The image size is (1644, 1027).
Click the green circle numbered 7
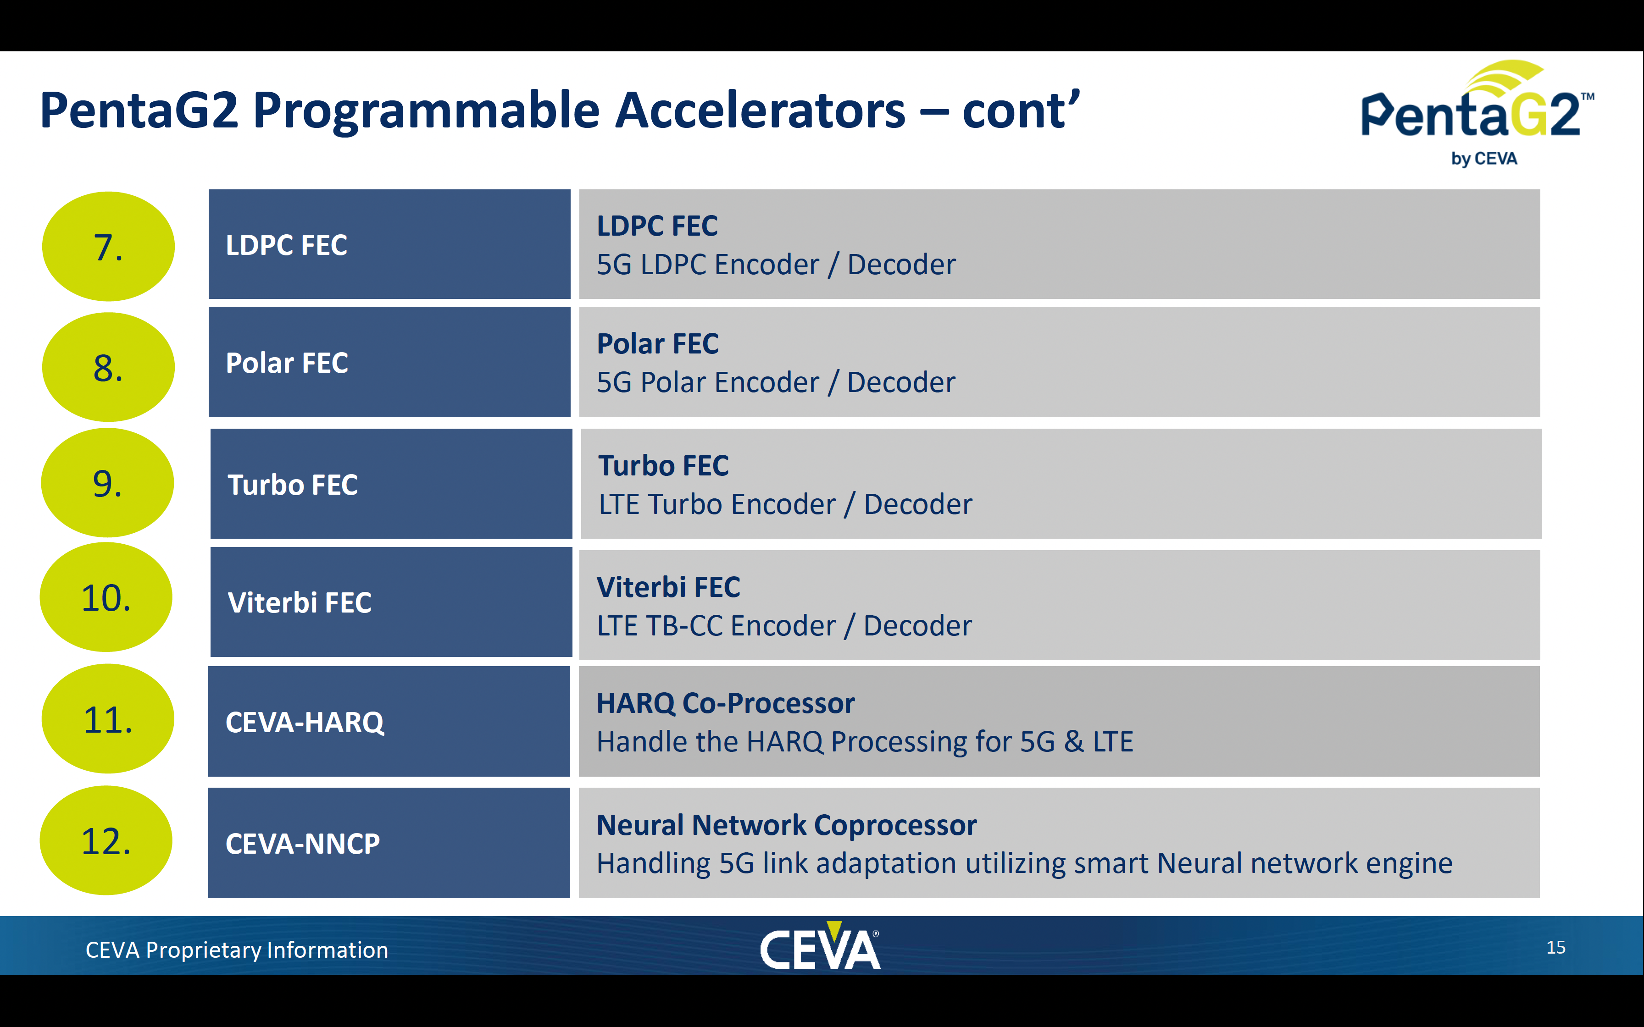coord(108,246)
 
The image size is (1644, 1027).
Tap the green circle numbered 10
coord(106,597)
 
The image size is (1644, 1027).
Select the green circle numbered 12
coord(106,840)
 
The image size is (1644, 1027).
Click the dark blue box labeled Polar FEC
coord(389,362)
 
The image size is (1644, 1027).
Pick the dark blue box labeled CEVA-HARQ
coord(389,721)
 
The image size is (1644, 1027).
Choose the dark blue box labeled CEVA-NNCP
coord(389,843)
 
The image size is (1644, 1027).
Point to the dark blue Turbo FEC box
coord(391,484)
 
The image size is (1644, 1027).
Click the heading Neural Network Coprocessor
coord(787,825)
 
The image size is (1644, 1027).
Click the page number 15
coord(1555,948)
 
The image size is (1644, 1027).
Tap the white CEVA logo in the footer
coord(820,945)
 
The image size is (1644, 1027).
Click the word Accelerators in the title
coord(760,110)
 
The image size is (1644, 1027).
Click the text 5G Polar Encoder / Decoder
coord(776,382)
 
